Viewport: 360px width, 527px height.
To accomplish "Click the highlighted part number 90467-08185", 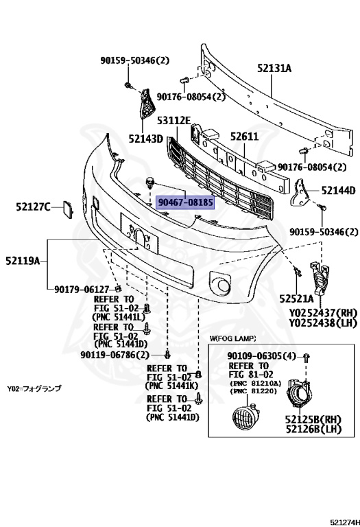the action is click(185, 202).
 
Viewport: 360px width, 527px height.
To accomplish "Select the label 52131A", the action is click(274, 68).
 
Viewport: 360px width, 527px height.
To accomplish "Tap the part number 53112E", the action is click(174, 120).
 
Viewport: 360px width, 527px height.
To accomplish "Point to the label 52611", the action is click(245, 137).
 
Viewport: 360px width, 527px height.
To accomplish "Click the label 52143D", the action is click(146, 139).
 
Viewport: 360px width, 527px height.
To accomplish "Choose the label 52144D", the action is click(338, 191).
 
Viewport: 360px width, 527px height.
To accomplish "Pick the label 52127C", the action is click(33, 207).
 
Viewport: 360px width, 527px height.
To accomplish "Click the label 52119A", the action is click(23, 261).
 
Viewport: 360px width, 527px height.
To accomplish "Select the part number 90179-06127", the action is click(82, 290).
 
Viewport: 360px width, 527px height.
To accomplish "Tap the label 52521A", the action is click(296, 298).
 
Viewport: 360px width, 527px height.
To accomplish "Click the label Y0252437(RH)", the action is click(324, 313).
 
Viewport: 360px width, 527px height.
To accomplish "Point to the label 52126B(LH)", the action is click(313, 429).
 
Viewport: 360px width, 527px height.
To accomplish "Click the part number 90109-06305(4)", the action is click(262, 356).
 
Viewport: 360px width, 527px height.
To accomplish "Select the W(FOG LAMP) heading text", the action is click(232, 338).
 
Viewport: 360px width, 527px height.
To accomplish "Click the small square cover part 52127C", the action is click(67, 209).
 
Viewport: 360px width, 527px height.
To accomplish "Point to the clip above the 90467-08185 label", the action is click(149, 183).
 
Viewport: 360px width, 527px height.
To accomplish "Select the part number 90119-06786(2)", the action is click(115, 355).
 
